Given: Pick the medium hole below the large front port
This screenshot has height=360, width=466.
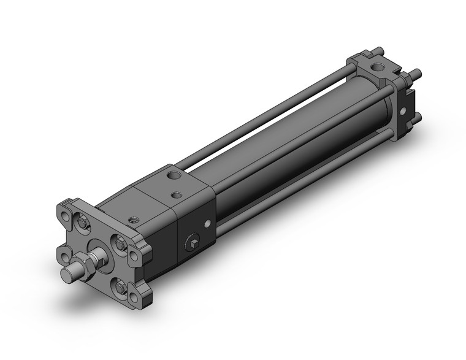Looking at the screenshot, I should (178, 194).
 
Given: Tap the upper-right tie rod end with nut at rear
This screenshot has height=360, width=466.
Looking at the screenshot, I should (417, 73).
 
